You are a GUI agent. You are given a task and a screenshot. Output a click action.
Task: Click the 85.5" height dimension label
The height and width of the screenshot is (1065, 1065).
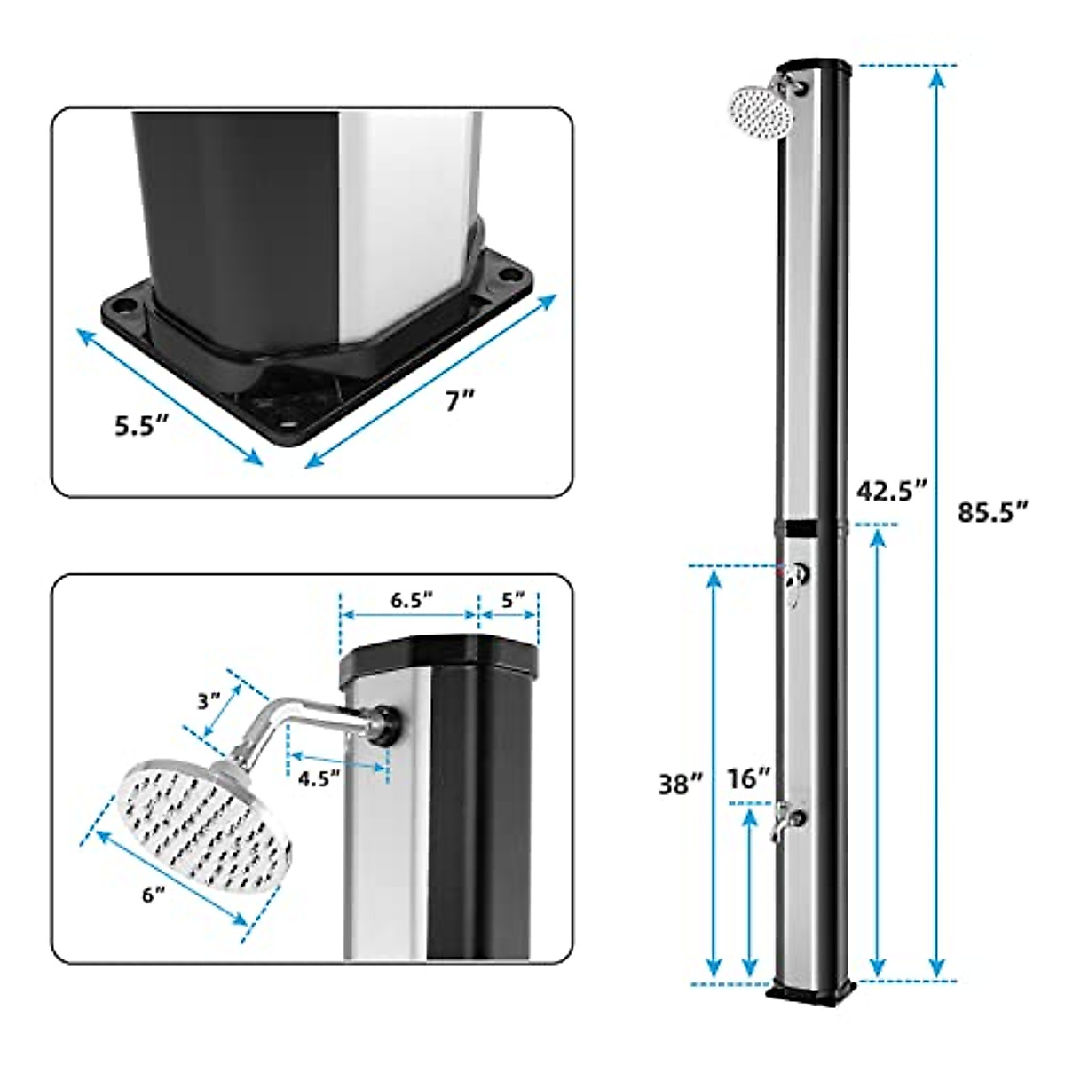[x=993, y=512]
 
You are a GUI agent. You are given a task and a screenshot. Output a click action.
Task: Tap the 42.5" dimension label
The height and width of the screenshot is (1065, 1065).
[x=892, y=491]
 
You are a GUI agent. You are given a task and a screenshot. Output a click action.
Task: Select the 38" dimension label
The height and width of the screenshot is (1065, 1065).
[x=681, y=784]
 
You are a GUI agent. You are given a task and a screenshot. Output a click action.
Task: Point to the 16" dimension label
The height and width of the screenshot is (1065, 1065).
[x=749, y=780]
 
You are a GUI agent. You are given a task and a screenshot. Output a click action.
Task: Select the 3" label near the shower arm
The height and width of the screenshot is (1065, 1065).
[x=209, y=701]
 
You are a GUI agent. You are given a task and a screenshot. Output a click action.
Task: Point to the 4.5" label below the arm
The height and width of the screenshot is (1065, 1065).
[x=319, y=779]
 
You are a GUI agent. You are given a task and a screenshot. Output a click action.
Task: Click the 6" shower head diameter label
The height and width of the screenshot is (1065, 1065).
[x=154, y=896]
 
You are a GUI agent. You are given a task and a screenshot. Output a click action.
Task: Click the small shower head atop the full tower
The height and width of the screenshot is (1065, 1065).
[x=759, y=109]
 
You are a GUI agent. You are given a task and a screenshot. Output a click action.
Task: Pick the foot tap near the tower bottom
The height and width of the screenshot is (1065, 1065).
[x=785, y=818]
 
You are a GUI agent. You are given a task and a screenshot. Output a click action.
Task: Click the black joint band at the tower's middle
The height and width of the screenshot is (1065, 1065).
[x=809, y=529]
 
